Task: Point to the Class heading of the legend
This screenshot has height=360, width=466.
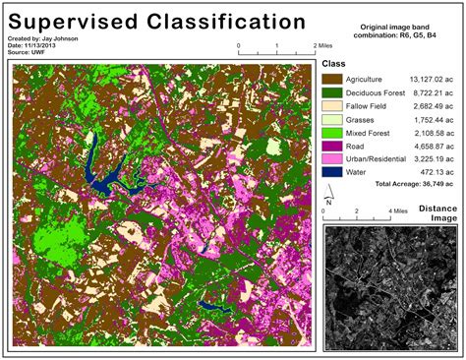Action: [x=336, y=63]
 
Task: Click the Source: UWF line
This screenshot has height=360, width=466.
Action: [x=28, y=51]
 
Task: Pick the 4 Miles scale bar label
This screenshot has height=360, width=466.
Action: [x=398, y=210]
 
